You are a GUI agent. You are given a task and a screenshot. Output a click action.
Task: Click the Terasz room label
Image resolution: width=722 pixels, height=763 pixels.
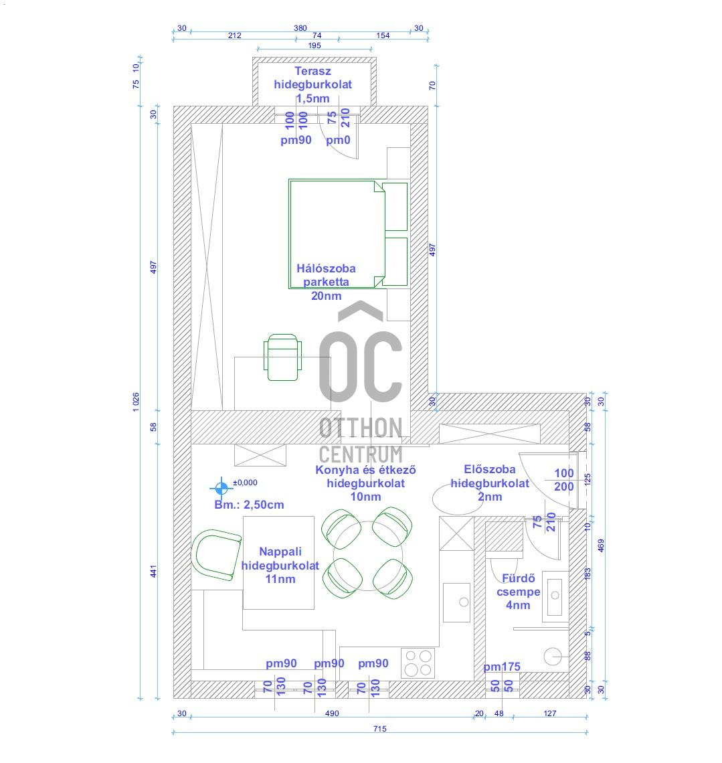tap(312, 71)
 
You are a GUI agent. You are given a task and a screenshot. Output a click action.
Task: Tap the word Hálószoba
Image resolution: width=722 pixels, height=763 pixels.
tap(326, 268)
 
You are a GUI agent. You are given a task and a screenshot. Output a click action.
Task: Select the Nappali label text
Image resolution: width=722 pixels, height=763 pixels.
tap(280, 552)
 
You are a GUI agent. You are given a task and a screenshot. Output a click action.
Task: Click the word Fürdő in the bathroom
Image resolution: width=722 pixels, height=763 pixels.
tap(518, 578)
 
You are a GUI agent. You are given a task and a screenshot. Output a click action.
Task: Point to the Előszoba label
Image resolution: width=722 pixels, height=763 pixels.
tap(489, 469)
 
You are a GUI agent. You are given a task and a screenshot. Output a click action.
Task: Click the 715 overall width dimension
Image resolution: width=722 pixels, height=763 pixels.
tap(380, 728)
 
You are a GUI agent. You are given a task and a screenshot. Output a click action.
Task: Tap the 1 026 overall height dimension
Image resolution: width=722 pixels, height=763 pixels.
tap(136, 402)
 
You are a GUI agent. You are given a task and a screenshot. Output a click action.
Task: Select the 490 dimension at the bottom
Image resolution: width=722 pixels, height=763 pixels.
tap(332, 713)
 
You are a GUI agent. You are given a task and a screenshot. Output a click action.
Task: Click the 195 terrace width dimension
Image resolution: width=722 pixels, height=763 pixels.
tap(314, 46)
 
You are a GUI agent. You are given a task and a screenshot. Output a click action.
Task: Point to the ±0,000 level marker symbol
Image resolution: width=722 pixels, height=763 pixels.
tap(221, 487)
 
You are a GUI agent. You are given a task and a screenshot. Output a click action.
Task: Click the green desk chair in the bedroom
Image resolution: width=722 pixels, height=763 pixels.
tap(282, 357)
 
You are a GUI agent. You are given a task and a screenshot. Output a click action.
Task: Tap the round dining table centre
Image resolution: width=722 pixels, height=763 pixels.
tap(368, 556)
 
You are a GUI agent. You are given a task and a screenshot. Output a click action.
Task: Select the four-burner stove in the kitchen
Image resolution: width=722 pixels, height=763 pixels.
tap(418, 663)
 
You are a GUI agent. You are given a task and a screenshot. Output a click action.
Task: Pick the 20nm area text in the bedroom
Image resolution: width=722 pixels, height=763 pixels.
tap(326, 295)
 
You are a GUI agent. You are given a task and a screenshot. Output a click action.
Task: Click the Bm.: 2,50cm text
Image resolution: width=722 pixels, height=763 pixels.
tap(249, 505)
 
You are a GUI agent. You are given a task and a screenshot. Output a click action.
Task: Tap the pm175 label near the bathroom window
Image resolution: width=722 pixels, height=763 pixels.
tap(502, 667)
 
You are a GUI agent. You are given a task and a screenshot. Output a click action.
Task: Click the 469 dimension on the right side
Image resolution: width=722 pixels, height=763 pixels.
tap(601, 545)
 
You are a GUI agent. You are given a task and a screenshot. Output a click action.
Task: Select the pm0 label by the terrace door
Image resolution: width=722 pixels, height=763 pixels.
tap(338, 140)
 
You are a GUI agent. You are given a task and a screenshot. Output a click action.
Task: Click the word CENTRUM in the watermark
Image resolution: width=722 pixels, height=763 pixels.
tap(361, 454)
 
